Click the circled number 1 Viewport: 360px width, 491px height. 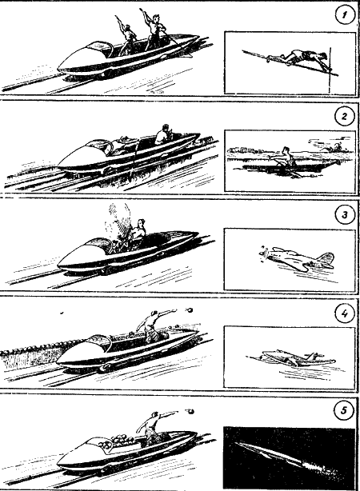pos(344,14)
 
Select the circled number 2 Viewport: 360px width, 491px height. pos(344,116)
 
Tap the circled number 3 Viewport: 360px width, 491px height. pos(344,215)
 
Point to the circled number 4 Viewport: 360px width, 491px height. pos(344,313)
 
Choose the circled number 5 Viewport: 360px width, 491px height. pos(344,410)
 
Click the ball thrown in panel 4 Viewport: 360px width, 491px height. pos(190,310)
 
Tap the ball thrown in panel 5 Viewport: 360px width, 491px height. pos(190,410)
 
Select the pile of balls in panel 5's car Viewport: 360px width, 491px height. pos(118,441)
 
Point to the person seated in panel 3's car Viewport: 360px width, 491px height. pos(138,231)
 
